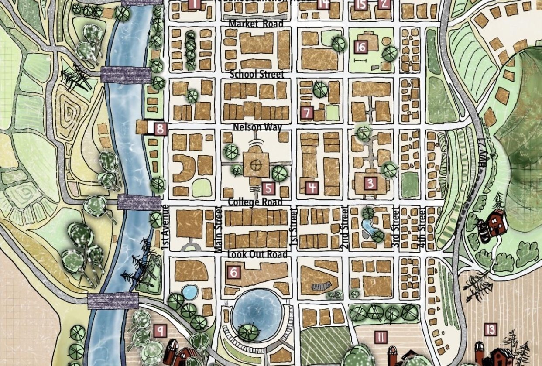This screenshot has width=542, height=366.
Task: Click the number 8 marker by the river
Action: [161, 129]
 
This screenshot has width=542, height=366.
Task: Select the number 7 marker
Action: [307, 113]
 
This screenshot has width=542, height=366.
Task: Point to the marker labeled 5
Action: [268, 188]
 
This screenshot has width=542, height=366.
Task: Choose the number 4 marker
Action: [312, 188]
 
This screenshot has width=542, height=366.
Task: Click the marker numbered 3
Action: [370, 183]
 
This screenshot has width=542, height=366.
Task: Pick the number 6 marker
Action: [234, 273]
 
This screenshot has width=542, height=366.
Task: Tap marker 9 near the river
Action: [160, 331]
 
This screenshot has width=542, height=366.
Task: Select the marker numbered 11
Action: [381, 337]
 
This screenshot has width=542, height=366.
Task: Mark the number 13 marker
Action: [491, 330]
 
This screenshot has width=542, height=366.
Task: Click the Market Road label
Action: [256, 24]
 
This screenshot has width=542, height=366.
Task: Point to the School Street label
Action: [256, 74]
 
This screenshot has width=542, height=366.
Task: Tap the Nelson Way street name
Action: [257, 127]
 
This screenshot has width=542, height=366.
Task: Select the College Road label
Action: [256, 202]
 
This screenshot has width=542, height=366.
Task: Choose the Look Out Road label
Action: [257, 254]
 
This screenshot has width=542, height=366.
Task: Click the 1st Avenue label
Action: [165, 227]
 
